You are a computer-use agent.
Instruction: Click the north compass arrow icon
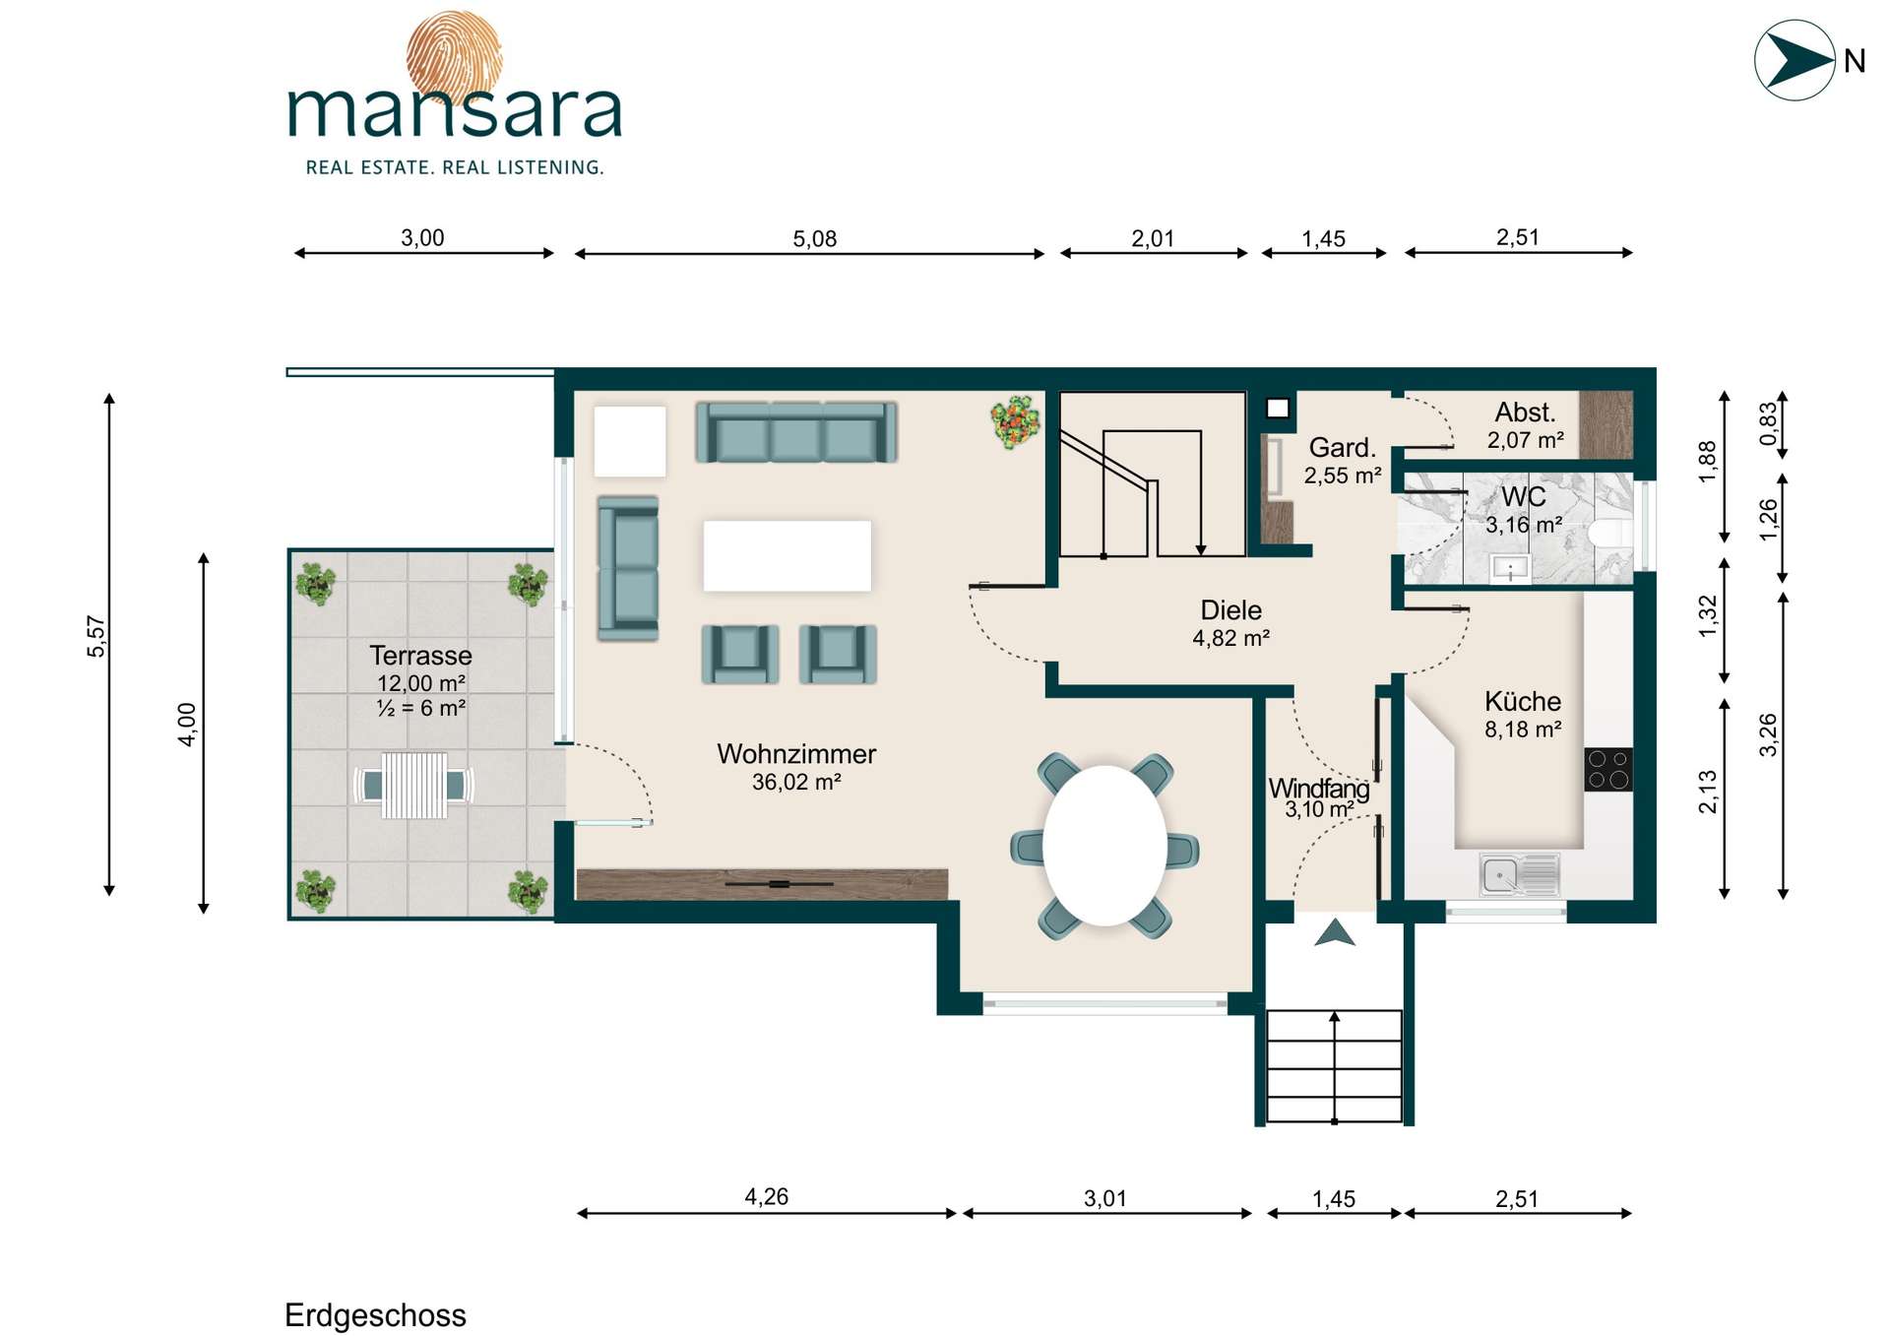(x=1795, y=60)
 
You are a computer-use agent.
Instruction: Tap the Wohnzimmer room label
(x=796, y=754)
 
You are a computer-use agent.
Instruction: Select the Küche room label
(x=1523, y=701)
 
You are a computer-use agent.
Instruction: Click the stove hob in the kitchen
(x=1608, y=769)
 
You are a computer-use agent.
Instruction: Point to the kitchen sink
(x=1519, y=874)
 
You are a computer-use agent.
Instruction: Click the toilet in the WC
(x=1610, y=533)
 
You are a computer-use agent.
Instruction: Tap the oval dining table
(x=1105, y=846)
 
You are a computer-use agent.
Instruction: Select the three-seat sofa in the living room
(x=795, y=431)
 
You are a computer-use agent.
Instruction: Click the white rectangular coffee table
(x=787, y=556)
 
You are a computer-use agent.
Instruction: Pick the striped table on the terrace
(x=414, y=786)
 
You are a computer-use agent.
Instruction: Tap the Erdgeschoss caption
(x=375, y=1315)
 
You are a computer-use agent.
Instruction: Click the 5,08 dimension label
(x=814, y=238)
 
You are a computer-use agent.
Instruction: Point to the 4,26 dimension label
(x=766, y=1197)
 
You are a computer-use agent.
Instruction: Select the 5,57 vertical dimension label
(x=95, y=636)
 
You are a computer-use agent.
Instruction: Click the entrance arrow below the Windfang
(x=1335, y=932)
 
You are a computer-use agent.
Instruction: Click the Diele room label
(x=1230, y=609)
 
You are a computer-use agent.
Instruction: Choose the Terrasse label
(x=420, y=656)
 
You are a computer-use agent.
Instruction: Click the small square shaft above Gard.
(x=1278, y=408)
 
